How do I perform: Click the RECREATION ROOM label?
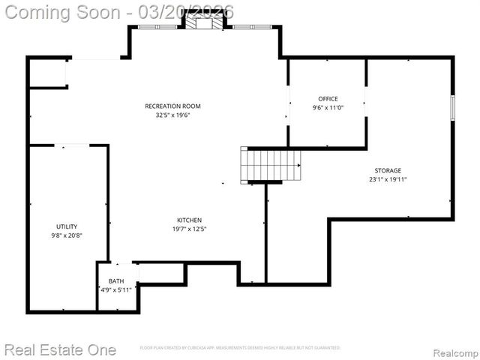pyautogui.click(x=172, y=106)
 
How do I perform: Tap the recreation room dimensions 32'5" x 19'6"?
pyautogui.click(x=172, y=115)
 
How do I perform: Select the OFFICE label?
pyautogui.click(x=328, y=99)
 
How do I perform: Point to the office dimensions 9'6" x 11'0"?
pyautogui.click(x=328, y=107)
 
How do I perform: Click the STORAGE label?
pyautogui.click(x=388, y=171)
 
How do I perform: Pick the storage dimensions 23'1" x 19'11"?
pyautogui.click(x=388, y=179)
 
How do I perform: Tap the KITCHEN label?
pyautogui.click(x=189, y=220)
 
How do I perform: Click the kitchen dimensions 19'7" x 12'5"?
pyautogui.click(x=189, y=229)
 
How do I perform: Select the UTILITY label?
pyautogui.click(x=67, y=226)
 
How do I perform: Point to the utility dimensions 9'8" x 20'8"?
pyautogui.click(x=67, y=235)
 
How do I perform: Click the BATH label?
pyautogui.click(x=116, y=281)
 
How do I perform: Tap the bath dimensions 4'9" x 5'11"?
pyautogui.click(x=116, y=289)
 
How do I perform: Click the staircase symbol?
pyautogui.click(x=270, y=163)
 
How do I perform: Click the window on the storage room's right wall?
pyautogui.click(x=451, y=107)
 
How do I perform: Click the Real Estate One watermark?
pyautogui.click(x=60, y=349)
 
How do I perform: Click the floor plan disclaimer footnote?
pyautogui.click(x=240, y=348)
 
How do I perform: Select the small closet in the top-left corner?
pyautogui.click(x=48, y=73)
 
